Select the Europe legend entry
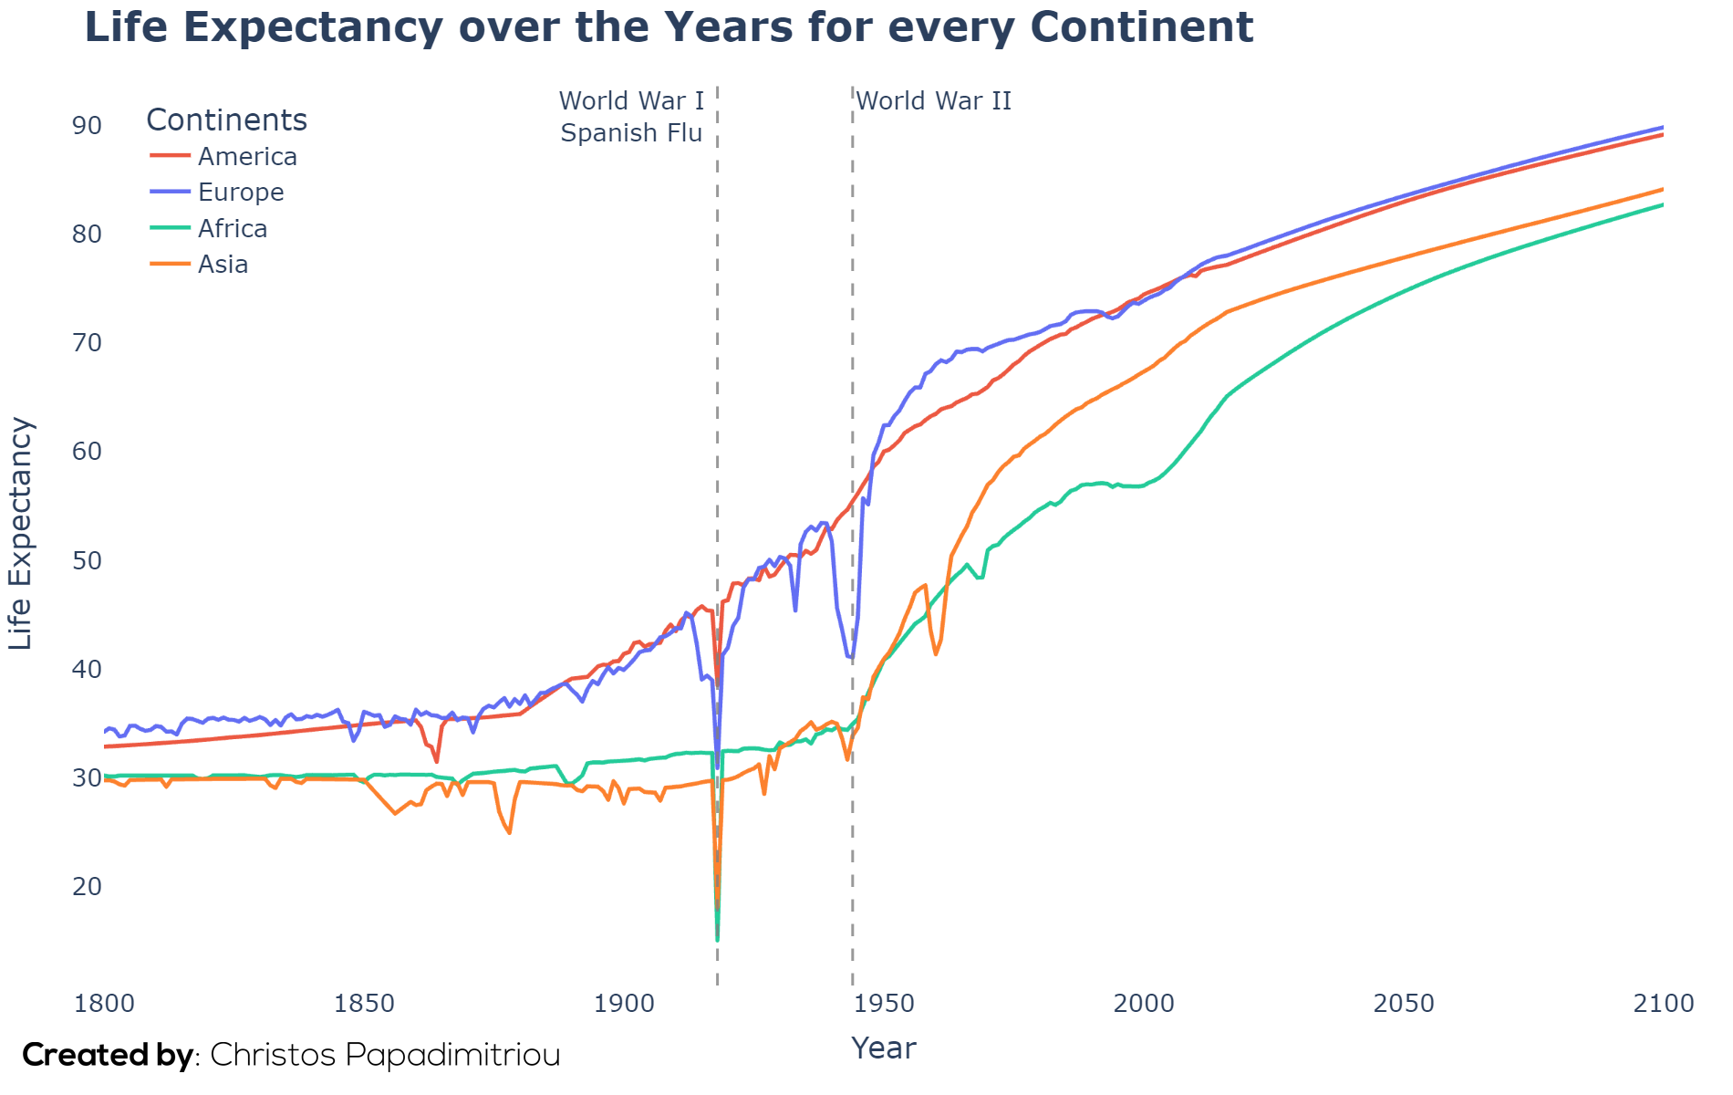pyautogui.click(x=218, y=193)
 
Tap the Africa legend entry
pyautogui.click(x=209, y=228)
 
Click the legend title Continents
pyautogui.click(x=226, y=120)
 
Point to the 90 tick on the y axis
pyautogui.click(x=87, y=125)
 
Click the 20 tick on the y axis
pyautogui.click(x=87, y=886)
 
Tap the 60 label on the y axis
pyautogui.click(x=87, y=452)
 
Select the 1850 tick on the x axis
pyautogui.click(x=365, y=1004)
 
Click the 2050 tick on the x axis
pyautogui.click(x=1404, y=1004)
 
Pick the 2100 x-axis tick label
pyautogui.click(x=1664, y=1004)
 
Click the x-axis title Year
pyautogui.click(x=884, y=1048)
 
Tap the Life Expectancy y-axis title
pyautogui.click(x=20, y=534)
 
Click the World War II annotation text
pyautogui.click(x=934, y=100)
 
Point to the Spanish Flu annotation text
pyautogui.click(x=631, y=133)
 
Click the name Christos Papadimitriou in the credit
pyautogui.click(x=385, y=1055)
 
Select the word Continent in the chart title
pyautogui.click(x=1142, y=27)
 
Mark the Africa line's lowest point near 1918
pyautogui.click(x=718, y=940)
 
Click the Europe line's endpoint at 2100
pyautogui.click(x=1664, y=127)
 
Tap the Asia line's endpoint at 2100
pyautogui.click(x=1664, y=189)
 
